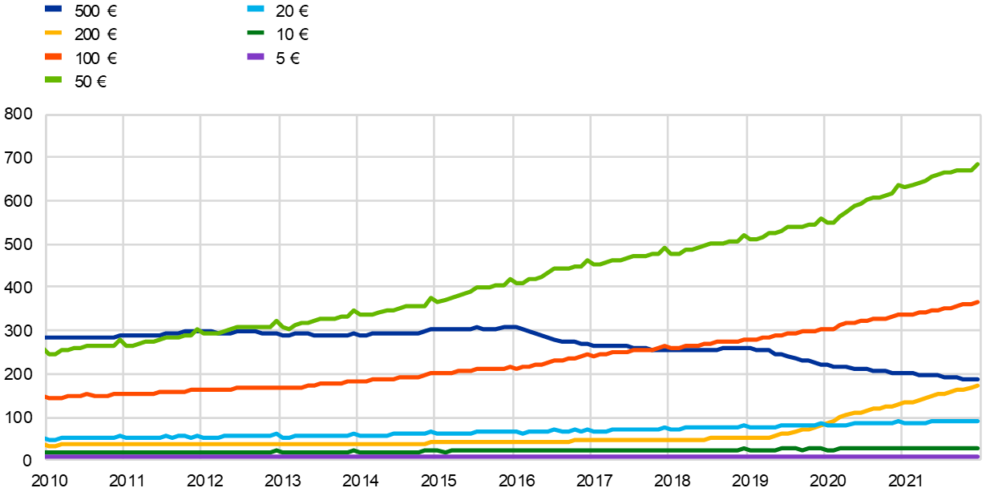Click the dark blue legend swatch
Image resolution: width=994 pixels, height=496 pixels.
(x=53, y=9)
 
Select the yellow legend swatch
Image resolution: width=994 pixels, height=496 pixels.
(x=53, y=33)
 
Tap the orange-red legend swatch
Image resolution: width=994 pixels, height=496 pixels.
(x=53, y=57)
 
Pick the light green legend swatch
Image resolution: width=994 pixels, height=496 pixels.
(x=53, y=79)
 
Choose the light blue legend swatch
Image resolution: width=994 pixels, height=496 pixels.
(x=256, y=9)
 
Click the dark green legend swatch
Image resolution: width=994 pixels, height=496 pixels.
(x=256, y=33)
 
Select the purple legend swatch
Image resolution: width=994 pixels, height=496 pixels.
(x=256, y=57)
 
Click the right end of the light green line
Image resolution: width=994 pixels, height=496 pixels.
(x=979, y=164)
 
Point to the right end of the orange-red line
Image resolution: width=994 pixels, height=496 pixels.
(x=979, y=302)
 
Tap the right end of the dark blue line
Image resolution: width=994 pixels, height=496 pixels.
(x=979, y=378)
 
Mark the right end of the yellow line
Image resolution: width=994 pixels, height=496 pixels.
(x=979, y=385)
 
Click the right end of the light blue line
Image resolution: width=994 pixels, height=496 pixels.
(x=979, y=421)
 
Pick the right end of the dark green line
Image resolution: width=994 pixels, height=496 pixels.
(x=979, y=448)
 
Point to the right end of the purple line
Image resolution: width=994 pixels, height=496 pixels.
(x=979, y=457)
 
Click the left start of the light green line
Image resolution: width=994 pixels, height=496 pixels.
(x=46, y=352)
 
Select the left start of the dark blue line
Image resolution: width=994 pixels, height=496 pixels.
(x=46, y=337)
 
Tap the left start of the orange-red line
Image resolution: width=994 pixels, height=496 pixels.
(x=46, y=397)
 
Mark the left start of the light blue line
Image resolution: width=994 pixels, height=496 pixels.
(x=46, y=439)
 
